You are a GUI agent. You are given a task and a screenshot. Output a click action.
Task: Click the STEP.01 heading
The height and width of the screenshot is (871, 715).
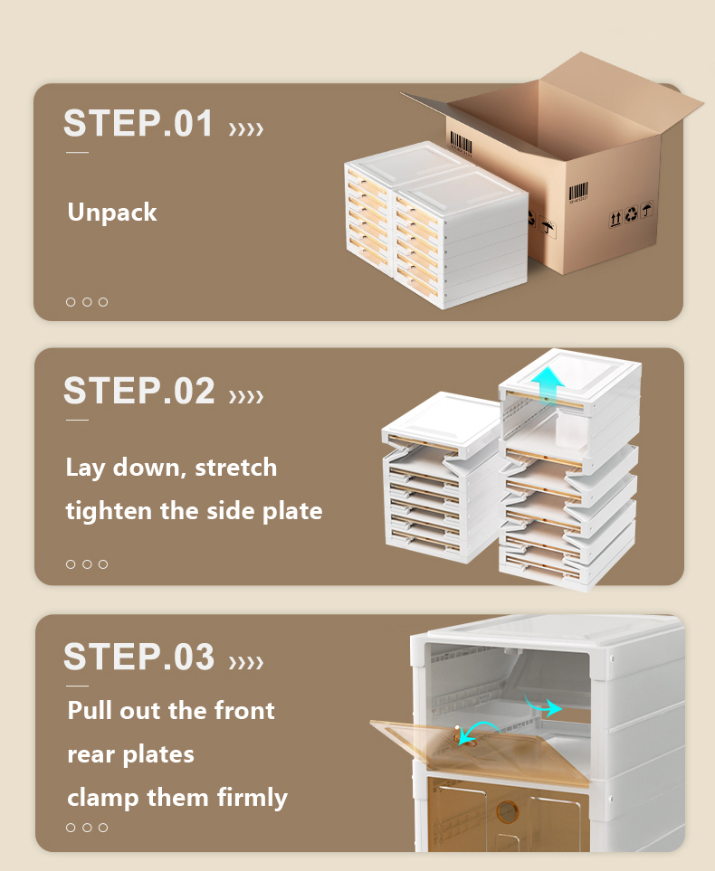click(138, 123)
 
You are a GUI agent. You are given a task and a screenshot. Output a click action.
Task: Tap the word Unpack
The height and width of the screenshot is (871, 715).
click(112, 213)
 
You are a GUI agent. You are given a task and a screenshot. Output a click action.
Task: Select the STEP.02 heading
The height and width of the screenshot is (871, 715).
click(139, 391)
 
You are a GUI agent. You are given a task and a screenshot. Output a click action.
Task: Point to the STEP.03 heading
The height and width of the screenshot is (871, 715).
click(139, 657)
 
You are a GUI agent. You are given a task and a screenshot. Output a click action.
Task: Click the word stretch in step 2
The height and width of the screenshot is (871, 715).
click(235, 468)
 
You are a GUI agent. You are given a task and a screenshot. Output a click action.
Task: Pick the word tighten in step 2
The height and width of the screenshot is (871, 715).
click(109, 511)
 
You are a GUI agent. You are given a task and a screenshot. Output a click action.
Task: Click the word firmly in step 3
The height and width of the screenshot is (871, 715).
click(253, 799)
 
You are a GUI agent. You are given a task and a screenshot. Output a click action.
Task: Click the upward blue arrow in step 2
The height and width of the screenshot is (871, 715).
click(548, 385)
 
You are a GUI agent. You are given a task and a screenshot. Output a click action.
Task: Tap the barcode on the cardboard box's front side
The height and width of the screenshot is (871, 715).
click(578, 192)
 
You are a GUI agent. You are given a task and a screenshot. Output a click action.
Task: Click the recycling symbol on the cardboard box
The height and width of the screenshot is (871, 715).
click(631, 213)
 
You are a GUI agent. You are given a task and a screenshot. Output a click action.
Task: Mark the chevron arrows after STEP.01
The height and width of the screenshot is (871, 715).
click(246, 128)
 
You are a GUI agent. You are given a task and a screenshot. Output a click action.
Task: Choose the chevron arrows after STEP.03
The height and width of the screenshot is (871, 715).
click(246, 662)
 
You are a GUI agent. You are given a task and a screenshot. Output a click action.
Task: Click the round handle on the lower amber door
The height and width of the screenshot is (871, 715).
click(507, 811)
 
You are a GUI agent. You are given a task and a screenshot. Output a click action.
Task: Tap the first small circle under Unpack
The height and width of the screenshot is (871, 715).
click(71, 302)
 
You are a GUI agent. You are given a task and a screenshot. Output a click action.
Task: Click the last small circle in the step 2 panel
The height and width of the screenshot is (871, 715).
click(103, 564)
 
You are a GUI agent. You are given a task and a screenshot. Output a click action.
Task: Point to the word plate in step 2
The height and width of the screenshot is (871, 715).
click(292, 511)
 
